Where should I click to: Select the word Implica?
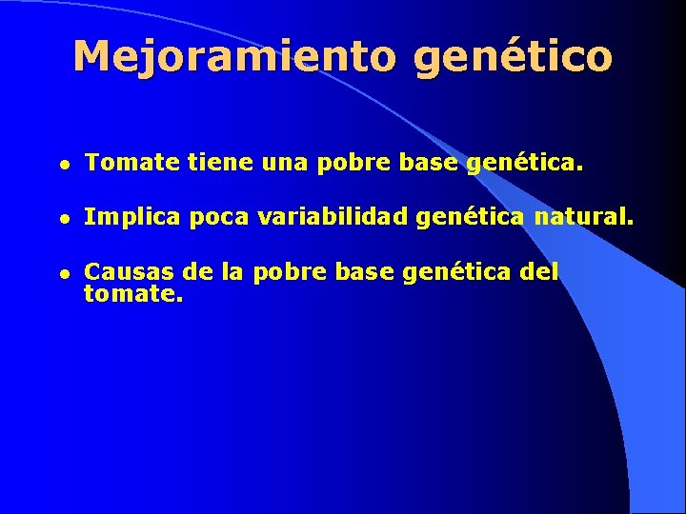(132, 218)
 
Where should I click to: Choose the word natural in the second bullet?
(583, 218)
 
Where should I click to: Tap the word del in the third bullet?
(539, 272)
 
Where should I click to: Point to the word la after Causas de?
(231, 272)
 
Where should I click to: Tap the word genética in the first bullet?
(522, 165)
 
